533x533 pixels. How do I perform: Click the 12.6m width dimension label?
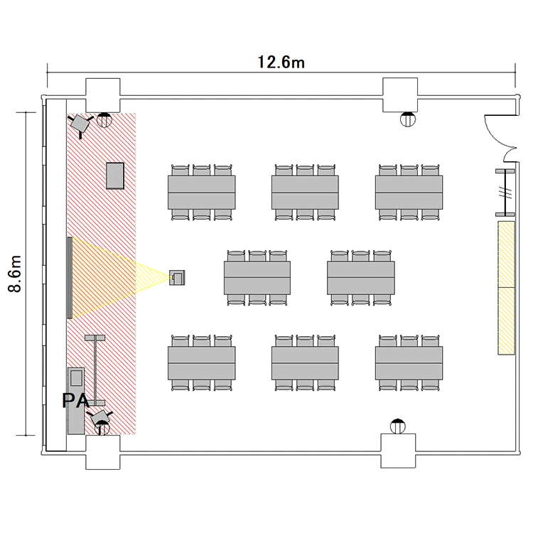[281, 63]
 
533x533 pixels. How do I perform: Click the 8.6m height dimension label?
[15, 274]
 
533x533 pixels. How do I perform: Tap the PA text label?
[76, 400]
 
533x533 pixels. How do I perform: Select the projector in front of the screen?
[177, 278]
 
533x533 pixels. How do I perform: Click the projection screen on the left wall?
[70, 278]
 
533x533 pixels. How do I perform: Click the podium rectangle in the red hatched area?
[115, 176]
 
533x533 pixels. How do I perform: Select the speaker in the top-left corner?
[80, 125]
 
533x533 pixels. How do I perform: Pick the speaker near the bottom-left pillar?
[99, 418]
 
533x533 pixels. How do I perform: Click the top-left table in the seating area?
[202, 193]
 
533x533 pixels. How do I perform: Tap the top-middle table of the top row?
[305, 193]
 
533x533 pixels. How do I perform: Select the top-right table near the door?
[409, 193]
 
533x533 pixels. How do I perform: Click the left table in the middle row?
[257, 278]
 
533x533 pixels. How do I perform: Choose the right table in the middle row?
[360, 278]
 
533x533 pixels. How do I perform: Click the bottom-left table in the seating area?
[202, 363]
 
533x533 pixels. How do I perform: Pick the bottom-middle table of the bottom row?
[305, 363]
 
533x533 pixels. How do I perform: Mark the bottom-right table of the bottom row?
[409, 363]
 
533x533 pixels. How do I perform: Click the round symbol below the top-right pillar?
[408, 119]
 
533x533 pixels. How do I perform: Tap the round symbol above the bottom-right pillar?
[398, 426]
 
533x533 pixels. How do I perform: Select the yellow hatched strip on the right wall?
[507, 288]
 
